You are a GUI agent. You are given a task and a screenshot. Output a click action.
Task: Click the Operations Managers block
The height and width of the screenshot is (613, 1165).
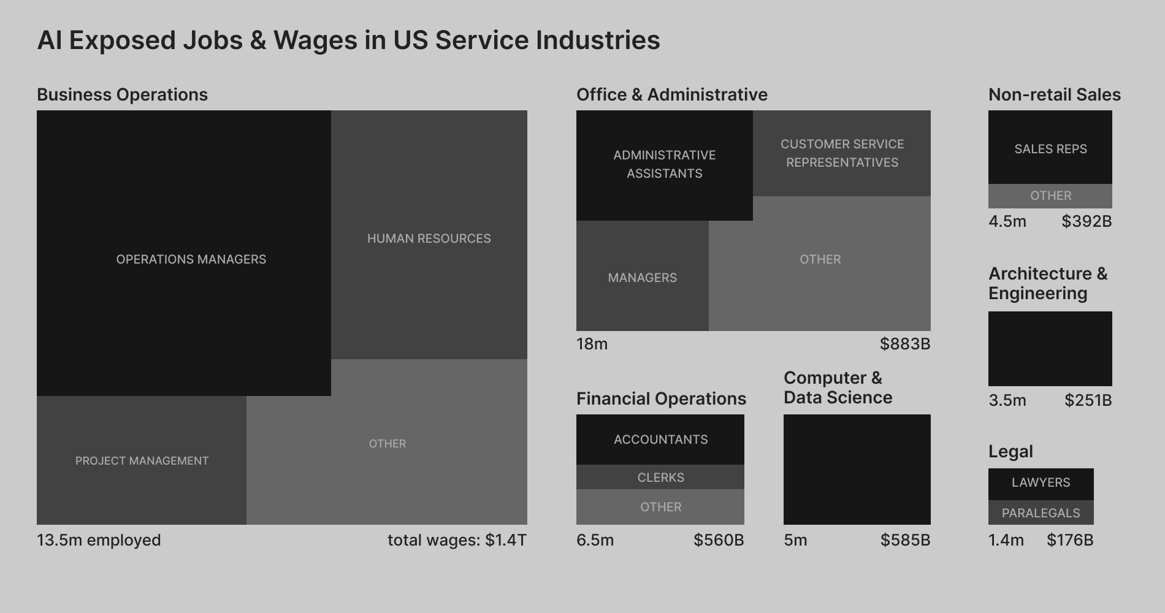184,253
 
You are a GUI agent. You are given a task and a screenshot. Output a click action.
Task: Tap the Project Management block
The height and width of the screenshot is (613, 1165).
142,460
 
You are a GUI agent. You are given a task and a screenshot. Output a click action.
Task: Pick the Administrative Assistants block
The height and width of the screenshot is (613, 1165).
665,165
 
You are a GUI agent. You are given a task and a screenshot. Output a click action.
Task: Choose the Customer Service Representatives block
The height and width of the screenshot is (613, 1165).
842,153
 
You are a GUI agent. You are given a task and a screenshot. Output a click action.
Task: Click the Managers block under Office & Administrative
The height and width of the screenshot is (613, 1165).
643,277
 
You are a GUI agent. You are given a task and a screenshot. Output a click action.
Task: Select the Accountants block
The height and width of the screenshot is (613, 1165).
660,440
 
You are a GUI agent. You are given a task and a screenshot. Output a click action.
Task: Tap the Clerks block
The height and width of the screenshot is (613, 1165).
660,477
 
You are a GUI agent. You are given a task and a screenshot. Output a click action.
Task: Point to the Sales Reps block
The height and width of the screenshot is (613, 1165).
1050,148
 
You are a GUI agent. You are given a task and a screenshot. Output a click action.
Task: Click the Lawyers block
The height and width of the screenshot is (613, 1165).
1041,483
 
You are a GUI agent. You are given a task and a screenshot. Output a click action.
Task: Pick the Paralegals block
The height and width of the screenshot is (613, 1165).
1041,512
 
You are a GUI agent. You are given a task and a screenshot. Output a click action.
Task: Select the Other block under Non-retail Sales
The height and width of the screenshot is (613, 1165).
1050,196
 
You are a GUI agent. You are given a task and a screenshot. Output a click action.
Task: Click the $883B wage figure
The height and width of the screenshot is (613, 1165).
905,344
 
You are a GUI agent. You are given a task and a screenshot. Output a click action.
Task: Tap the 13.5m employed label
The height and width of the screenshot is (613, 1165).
99,540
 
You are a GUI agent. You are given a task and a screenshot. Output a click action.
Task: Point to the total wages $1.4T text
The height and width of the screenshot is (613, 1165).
457,540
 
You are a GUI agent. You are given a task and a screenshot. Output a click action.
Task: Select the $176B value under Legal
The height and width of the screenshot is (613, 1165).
1070,540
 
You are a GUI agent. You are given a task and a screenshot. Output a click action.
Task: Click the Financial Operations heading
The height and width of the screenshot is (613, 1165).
661,398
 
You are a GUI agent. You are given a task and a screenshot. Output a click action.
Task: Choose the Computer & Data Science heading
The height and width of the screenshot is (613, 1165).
838,387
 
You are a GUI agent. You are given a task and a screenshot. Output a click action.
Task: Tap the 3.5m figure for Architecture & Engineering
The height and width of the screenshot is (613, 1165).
1007,400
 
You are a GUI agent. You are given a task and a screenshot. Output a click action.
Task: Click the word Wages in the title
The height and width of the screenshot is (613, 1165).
315,40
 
